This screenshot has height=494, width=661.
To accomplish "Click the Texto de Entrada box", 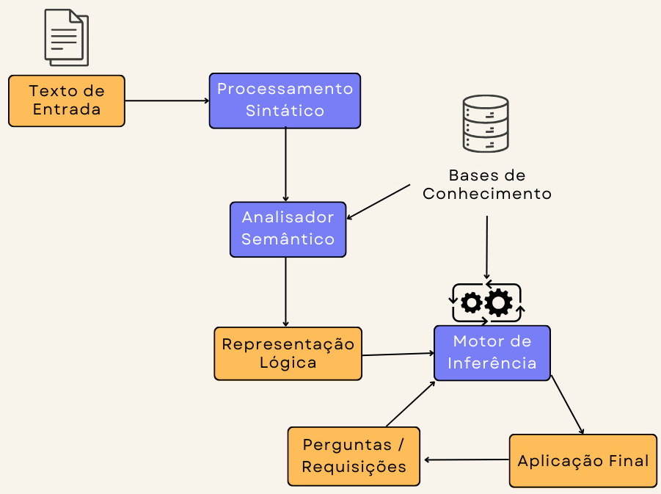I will [67, 101].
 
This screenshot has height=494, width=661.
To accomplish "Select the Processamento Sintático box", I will [285, 101].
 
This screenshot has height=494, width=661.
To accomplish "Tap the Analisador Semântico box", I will [288, 229].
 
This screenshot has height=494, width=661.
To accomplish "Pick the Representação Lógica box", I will [288, 353].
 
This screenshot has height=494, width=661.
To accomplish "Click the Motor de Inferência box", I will [492, 353].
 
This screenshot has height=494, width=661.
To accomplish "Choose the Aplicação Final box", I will [583, 461].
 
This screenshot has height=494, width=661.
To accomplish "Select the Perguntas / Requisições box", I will [354, 457].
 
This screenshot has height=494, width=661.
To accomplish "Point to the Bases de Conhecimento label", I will [487, 185].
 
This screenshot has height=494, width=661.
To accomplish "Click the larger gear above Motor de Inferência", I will [499, 302].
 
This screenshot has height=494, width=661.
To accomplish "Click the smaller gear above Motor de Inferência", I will [472, 302].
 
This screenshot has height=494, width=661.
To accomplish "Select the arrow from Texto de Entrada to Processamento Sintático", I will [167, 101].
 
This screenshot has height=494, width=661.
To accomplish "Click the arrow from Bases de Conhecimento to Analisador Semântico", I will [379, 202].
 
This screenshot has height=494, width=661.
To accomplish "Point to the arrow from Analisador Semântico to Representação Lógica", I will [285, 291].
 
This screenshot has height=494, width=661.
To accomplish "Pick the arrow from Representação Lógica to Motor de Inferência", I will [398, 355].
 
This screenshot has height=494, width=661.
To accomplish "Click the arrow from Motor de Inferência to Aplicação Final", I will [567, 406].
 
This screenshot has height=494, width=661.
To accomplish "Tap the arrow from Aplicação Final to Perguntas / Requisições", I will [467, 460].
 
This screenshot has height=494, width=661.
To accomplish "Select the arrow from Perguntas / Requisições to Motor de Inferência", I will [410, 404].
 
